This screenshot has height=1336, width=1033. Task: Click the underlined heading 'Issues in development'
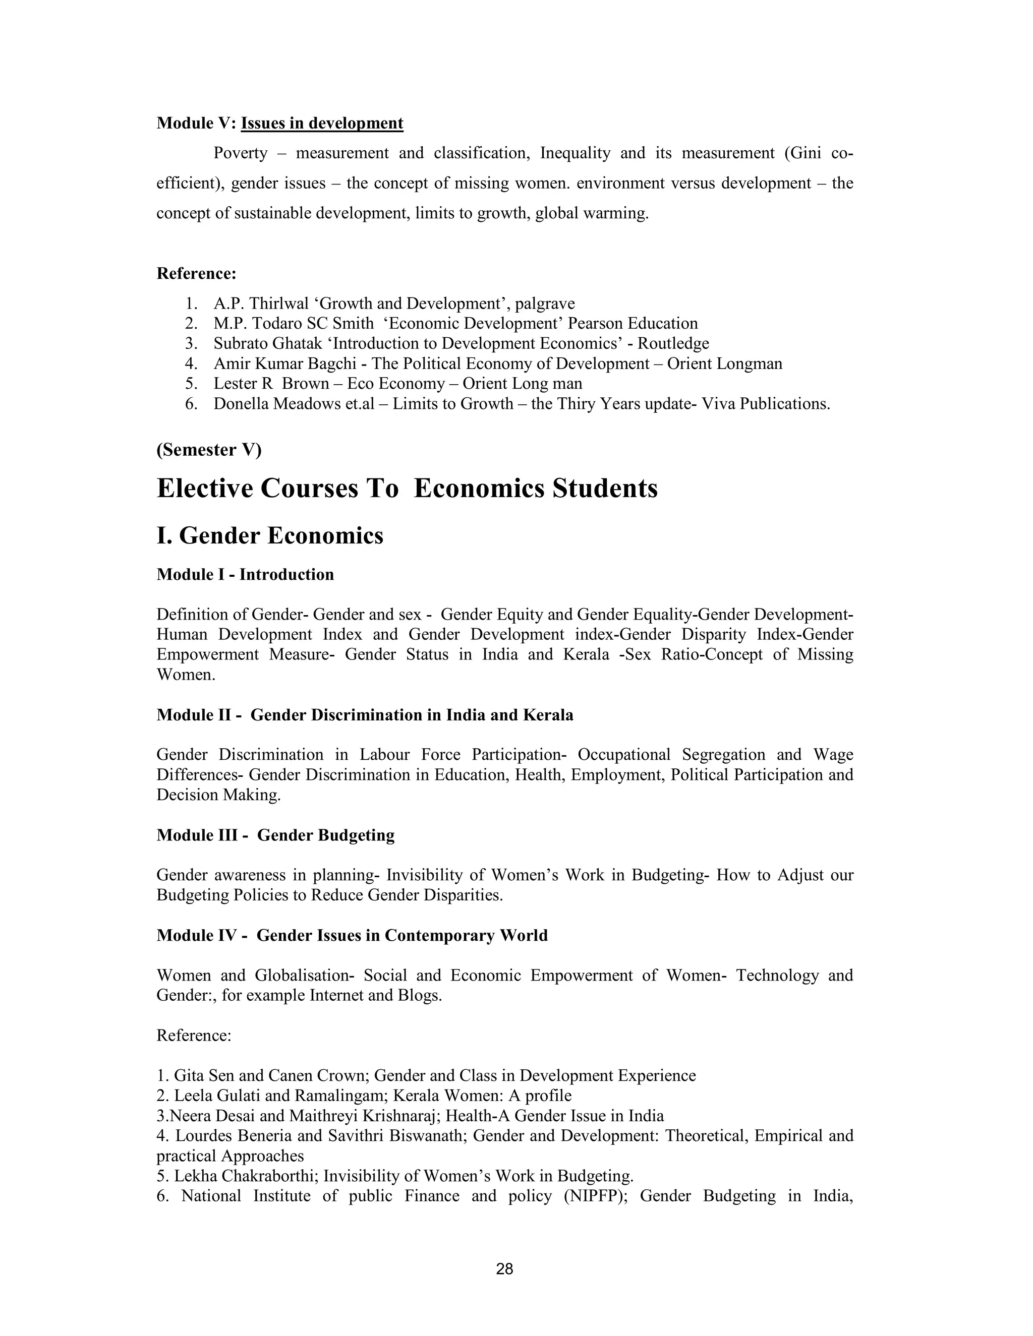pyautogui.click(x=322, y=123)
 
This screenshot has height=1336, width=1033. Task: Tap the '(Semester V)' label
pyautogui.click(x=209, y=450)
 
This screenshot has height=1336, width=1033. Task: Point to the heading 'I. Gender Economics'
pyautogui.click(x=270, y=535)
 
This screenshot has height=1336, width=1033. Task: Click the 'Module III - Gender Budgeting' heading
pyautogui.click(x=275, y=835)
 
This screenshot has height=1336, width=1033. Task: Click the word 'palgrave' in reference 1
pyautogui.click(x=545, y=303)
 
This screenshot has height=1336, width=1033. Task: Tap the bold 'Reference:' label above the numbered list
pyautogui.click(x=196, y=273)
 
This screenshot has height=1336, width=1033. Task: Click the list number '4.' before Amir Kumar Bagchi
pyautogui.click(x=191, y=364)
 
